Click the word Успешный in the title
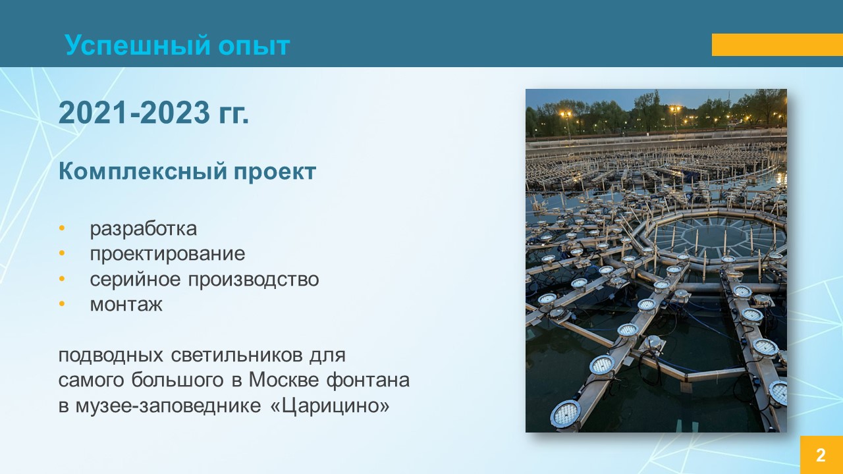click(138, 45)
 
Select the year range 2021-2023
click(134, 113)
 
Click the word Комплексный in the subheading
click(143, 171)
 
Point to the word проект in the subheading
click(275, 172)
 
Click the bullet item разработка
click(144, 228)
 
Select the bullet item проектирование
click(167, 254)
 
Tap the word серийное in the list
click(136, 279)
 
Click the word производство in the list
click(254, 280)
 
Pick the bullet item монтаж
click(126, 304)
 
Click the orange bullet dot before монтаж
click(62, 303)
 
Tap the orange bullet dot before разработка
click(62, 228)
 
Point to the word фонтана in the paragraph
click(367, 380)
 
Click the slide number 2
click(821, 455)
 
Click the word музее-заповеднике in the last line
click(168, 406)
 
